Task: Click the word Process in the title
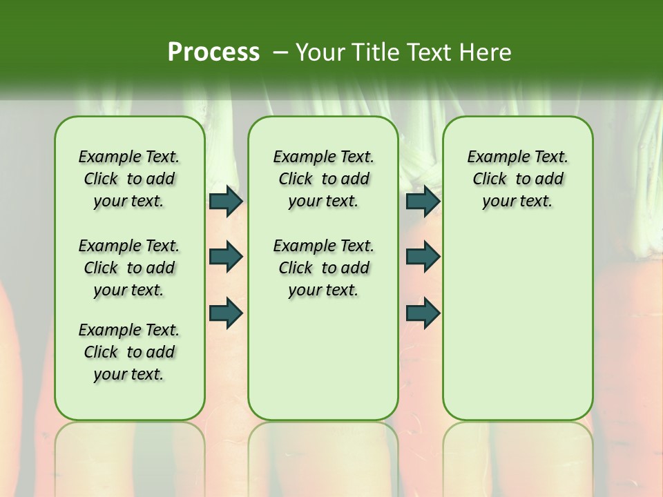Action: (213, 52)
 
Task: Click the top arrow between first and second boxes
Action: (226, 201)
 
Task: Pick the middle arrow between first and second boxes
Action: (226, 257)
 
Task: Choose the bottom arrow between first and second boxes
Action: (226, 313)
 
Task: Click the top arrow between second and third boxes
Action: (423, 201)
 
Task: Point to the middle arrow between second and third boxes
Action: (423, 257)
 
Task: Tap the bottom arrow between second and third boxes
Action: (423, 313)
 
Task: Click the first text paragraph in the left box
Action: (129, 179)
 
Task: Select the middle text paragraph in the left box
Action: (129, 268)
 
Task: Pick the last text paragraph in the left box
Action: (129, 352)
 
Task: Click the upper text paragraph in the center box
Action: (323, 179)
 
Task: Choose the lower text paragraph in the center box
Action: (323, 268)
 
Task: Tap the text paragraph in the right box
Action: (517, 179)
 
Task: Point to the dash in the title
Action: (280, 52)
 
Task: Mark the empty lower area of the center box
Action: (323, 359)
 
